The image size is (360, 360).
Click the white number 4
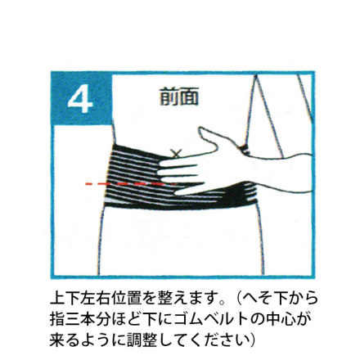click(x=80, y=98)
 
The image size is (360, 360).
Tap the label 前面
click(x=179, y=97)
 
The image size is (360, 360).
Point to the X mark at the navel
click(x=176, y=154)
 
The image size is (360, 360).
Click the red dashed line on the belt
click(x=131, y=184)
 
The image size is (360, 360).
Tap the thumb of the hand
click(x=209, y=137)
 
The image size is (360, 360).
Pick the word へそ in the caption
click(x=258, y=298)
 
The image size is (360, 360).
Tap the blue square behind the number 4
click(x=82, y=98)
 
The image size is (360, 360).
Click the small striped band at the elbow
click(x=245, y=150)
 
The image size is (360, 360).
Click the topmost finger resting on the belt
click(x=178, y=164)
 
